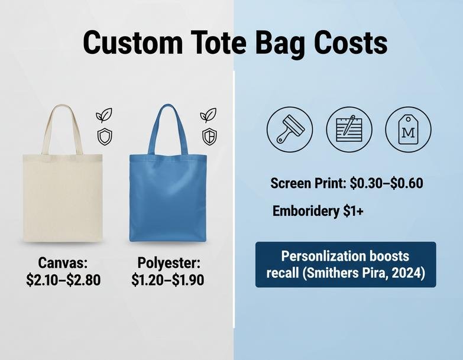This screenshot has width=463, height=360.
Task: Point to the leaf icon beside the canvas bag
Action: point(104,115)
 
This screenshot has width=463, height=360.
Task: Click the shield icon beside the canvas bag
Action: point(104,137)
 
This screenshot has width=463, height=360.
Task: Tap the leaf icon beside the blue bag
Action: point(208,115)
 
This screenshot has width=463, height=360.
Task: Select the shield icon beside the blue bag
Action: point(209,136)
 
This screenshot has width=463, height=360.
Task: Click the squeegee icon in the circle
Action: point(290,129)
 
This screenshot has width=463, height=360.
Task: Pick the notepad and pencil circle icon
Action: point(349,129)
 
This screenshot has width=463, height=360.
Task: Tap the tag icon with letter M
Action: point(408,129)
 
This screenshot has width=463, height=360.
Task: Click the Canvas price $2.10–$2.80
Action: point(63,280)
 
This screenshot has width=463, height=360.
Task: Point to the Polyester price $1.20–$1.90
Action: point(167,280)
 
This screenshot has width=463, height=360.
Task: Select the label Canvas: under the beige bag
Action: point(63,262)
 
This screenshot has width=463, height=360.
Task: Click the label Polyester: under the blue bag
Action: point(169,262)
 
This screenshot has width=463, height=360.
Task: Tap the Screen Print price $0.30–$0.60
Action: point(386,183)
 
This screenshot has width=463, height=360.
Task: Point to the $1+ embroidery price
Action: point(354,211)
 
